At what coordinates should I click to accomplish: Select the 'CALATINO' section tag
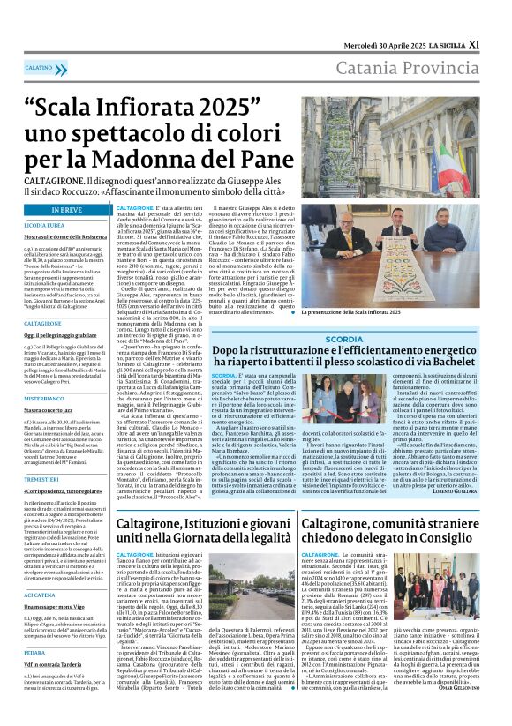coord(39,67)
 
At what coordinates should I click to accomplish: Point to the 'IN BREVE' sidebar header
coord(67,211)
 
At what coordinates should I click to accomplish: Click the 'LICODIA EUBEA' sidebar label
coord(45,226)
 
